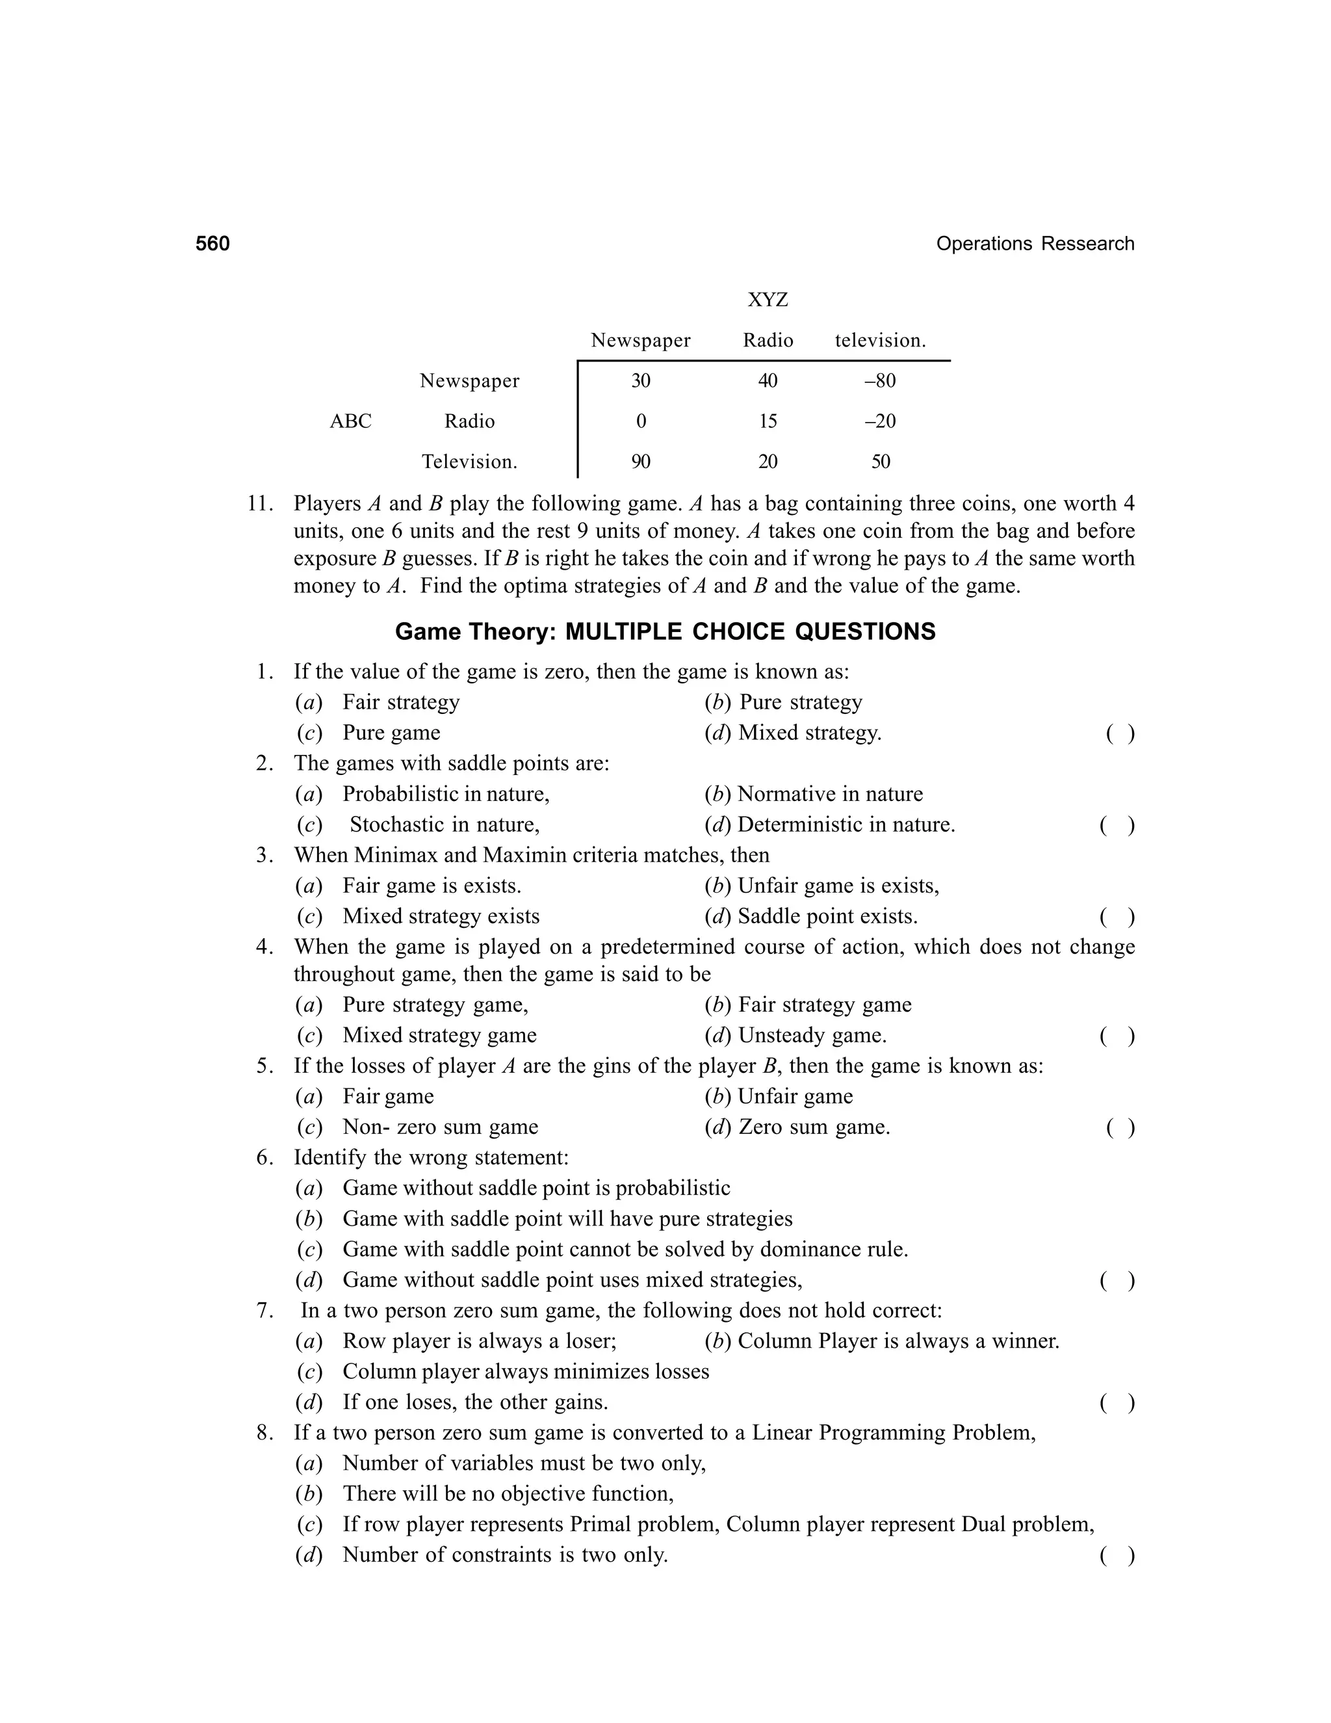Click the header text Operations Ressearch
tap(1035, 244)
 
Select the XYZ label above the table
tap(768, 300)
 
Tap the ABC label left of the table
tap(350, 421)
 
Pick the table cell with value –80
tap(880, 381)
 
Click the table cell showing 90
tap(640, 462)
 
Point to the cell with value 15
tap(768, 421)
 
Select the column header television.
tap(880, 341)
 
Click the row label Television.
tap(469, 462)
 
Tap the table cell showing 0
tap(640, 421)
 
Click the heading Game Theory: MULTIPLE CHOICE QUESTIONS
tap(665, 632)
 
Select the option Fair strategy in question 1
tap(400, 702)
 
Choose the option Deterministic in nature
tap(846, 825)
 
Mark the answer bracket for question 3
tap(1117, 917)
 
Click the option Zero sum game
tap(813, 1127)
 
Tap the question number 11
tap(259, 504)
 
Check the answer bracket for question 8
tap(1117, 1555)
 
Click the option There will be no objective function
tap(507, 1494)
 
